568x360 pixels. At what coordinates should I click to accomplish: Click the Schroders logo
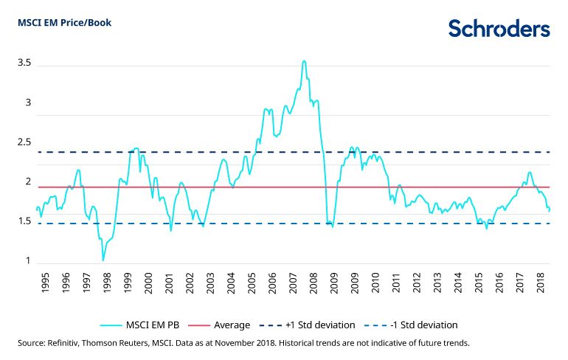[x=499, y=28]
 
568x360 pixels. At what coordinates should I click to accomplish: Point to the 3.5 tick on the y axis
[x=24, y=63]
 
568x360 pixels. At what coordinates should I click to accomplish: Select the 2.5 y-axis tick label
[x=24, y=142]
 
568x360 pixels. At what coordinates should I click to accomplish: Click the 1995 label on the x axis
[x=45, y=283]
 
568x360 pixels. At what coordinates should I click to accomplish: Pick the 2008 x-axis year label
[x=314, y=283]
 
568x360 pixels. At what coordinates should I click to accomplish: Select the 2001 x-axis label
[x=169, y=283]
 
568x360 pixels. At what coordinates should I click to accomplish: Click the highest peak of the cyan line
[x=304, y=61]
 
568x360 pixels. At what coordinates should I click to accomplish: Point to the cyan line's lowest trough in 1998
[x=103, y=260]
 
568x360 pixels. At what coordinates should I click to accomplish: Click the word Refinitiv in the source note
[x=67, y=343]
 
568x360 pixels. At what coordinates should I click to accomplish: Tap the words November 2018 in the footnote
[x=283, y=343]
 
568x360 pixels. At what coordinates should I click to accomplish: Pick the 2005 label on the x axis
[x=252, y=283]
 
